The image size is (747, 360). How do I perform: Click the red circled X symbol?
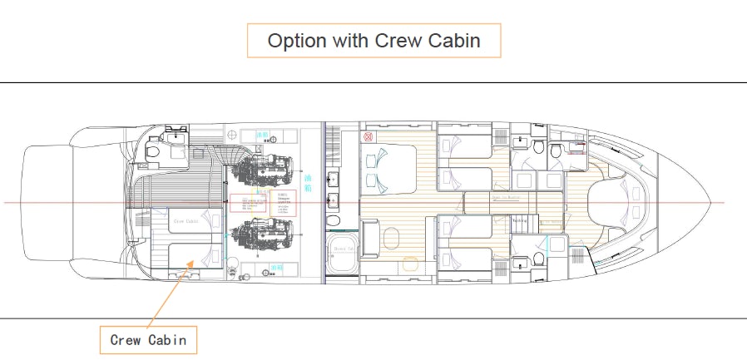pos(368,136)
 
